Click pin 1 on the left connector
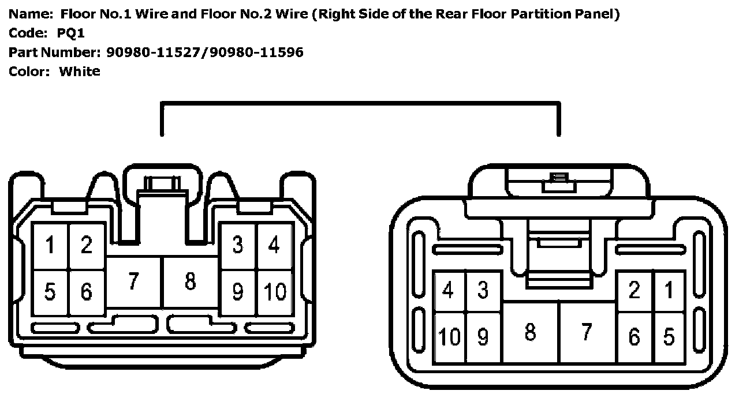[x=50, y=246]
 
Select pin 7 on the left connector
[x=133, y=282]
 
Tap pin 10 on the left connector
[x=275, y=291]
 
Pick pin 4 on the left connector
[x=274, y=245]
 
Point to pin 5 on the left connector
[x=50, y=291]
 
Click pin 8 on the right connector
[x=530, y=332]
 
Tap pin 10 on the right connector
[x=449, y=336]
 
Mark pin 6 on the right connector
[x=634, y=336]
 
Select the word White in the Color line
[x=80, y=72]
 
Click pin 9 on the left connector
[x=238, y=291]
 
